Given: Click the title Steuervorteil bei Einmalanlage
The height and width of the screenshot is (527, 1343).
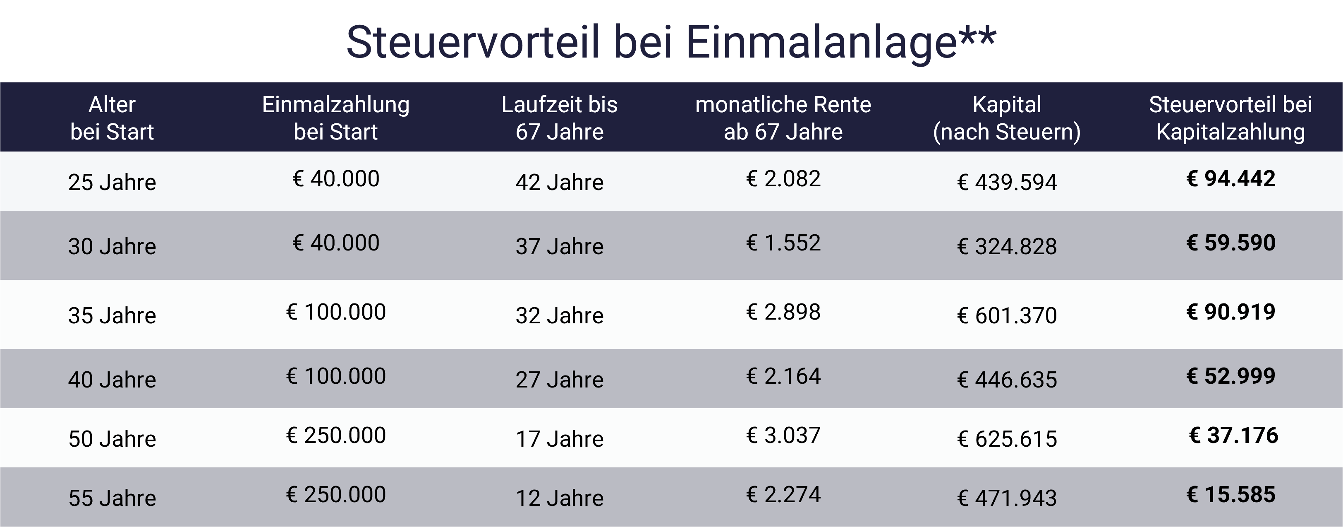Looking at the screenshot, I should [x=671, y=42].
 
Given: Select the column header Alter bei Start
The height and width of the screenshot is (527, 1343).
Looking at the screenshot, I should [x=112, y=118].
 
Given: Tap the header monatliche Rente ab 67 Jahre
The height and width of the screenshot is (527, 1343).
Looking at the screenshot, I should [x=783, y=118].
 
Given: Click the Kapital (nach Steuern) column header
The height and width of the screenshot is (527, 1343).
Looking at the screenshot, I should [x=1007, y=118].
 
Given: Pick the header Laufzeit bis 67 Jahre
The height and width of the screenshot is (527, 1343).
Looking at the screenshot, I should [x=559, y=118].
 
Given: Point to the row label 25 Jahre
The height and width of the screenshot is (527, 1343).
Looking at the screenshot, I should [x=112, y=182].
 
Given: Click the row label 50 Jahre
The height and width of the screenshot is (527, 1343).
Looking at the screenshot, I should [x=112, y=439].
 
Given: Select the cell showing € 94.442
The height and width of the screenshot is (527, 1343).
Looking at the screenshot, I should [x=1231, y=179].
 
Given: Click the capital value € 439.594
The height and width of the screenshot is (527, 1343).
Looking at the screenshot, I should [x=1007, y=182].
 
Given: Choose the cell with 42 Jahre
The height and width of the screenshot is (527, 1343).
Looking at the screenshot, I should [x=559, y=182].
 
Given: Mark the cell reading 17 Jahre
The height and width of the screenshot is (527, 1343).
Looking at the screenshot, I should [x=559, y=439].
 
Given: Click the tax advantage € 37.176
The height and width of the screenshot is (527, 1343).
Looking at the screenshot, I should [x=1233, y=435].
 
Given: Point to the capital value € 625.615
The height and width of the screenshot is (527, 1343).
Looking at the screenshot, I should [x=1007, y=439].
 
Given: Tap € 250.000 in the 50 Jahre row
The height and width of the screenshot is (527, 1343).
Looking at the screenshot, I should [x=336, y=435].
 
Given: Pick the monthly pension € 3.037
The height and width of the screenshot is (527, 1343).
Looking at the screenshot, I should [x=783, y=435].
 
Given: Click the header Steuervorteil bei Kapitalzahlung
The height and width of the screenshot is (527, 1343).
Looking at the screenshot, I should [x=1230, y=118].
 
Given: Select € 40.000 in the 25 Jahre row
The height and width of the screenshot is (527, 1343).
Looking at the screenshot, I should [x=336, y=179].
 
